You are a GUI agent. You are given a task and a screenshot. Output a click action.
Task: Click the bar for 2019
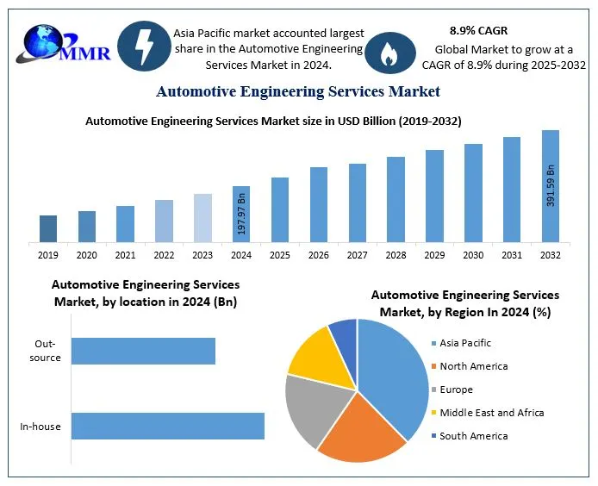(48, 228)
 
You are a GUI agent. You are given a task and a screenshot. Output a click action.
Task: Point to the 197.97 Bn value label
(241, 215)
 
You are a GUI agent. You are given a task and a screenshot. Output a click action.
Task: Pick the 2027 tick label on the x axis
(358, 255)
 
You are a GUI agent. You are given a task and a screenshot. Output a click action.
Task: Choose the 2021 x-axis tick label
(125, 255)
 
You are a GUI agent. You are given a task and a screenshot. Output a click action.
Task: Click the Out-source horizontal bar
(143, 351)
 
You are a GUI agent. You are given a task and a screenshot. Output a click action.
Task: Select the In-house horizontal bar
(167, 427)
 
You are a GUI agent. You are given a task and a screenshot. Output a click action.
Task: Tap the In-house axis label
(40, 427)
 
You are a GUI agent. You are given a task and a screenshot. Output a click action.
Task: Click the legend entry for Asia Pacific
(464, 343)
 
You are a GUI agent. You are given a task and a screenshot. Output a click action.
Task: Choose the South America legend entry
(473, 436)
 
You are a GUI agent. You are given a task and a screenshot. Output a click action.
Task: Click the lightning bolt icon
(143, 46)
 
